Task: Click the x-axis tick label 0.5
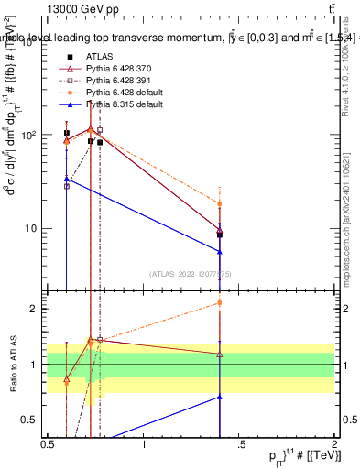48,444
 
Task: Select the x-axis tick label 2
333,444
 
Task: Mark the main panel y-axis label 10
31,228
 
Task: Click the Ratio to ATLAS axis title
12,364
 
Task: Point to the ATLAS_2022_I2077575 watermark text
191,274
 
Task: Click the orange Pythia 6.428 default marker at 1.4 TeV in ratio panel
220,302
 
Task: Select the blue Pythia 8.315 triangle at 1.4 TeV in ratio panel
220,397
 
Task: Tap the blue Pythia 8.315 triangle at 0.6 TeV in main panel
67,179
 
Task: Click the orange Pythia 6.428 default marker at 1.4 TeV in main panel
220,203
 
